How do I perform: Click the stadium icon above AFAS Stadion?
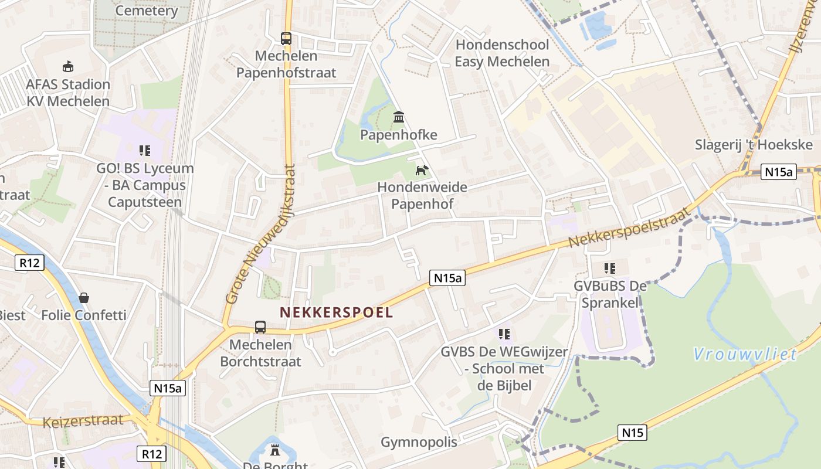point(68,66)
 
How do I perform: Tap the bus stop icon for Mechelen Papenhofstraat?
point(286,39)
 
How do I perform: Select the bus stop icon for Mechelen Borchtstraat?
point(260,327)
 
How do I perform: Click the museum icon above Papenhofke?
point(399,117)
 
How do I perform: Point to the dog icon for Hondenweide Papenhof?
point(422,170)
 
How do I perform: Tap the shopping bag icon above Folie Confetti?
point(84,298)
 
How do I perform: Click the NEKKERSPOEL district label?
point(336,312)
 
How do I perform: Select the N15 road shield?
point(632,433)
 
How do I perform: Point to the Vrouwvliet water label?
point(745,354)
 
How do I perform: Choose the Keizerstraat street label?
point(83,421)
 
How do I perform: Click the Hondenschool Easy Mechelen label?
point(502,53)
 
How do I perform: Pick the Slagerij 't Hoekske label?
point(754,145)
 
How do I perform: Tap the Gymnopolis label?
point(419,442)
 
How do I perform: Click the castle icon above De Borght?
point(274,450)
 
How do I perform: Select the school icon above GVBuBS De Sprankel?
point(610,269)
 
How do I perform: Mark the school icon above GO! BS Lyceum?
point(145,151)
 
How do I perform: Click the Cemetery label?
point(147,11)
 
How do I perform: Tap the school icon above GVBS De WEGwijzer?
point(504,334)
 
